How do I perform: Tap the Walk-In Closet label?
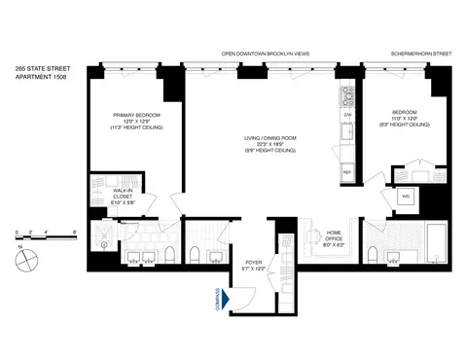point(122,196)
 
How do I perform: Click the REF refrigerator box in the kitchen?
point(346,172)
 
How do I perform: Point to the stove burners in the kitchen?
point(346,95)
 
